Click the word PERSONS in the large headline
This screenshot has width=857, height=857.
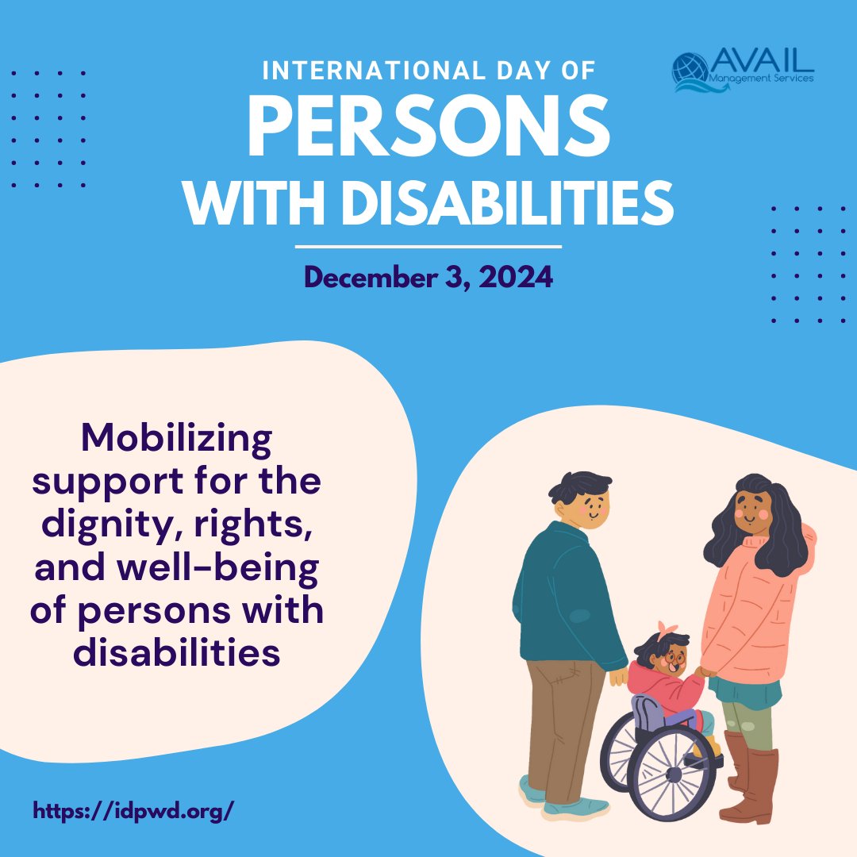pyautogui.click(x=428, y=129)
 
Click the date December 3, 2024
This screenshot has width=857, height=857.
pyautogui.click(x=428, y=279)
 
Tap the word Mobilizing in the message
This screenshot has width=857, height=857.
pyautogui.click(x=176, y=438)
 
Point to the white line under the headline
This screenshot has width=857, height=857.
pyautogui.click(x=428, y=247)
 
